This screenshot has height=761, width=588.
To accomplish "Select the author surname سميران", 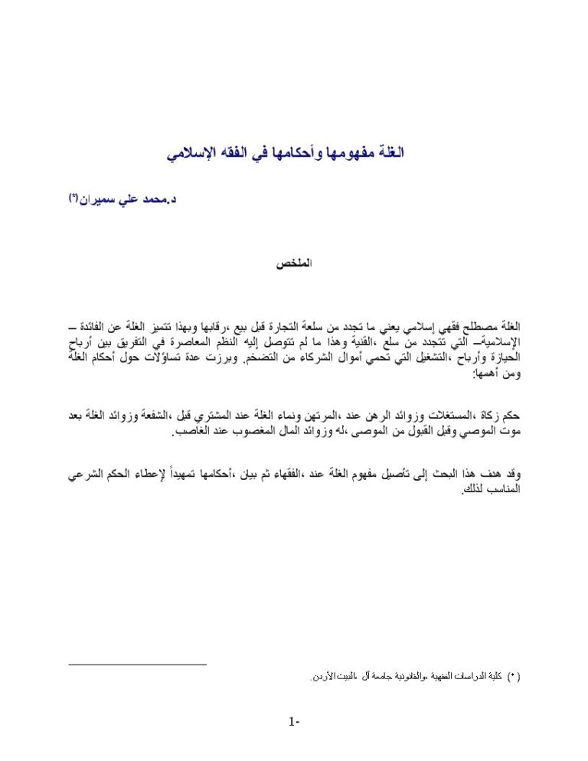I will click(x=96, y=200).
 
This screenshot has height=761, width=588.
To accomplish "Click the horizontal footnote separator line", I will click(x=138, y=665).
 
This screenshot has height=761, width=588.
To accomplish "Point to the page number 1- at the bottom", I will click(x=294, y=721).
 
